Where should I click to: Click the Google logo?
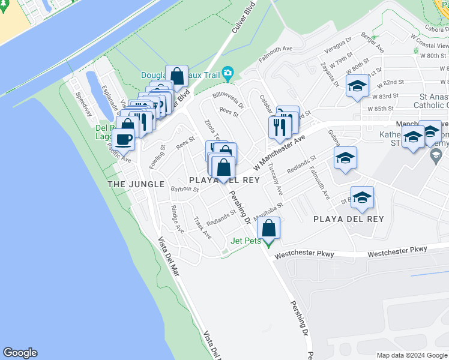[x=20, y=353]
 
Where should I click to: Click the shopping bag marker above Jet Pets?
[x=268, y=228]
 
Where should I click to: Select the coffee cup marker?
[x=123, y=139]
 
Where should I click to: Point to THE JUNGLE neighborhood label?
[x=136, y=184]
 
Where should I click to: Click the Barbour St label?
[x=184, y=189]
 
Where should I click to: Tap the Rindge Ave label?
[x=177, y=219]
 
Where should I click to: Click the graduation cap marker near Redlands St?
[x=345, y=158]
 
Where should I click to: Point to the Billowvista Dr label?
[x=228, y=98]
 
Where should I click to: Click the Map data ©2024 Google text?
[x=411, y=355]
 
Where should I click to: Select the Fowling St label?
[x=158, y=157]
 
